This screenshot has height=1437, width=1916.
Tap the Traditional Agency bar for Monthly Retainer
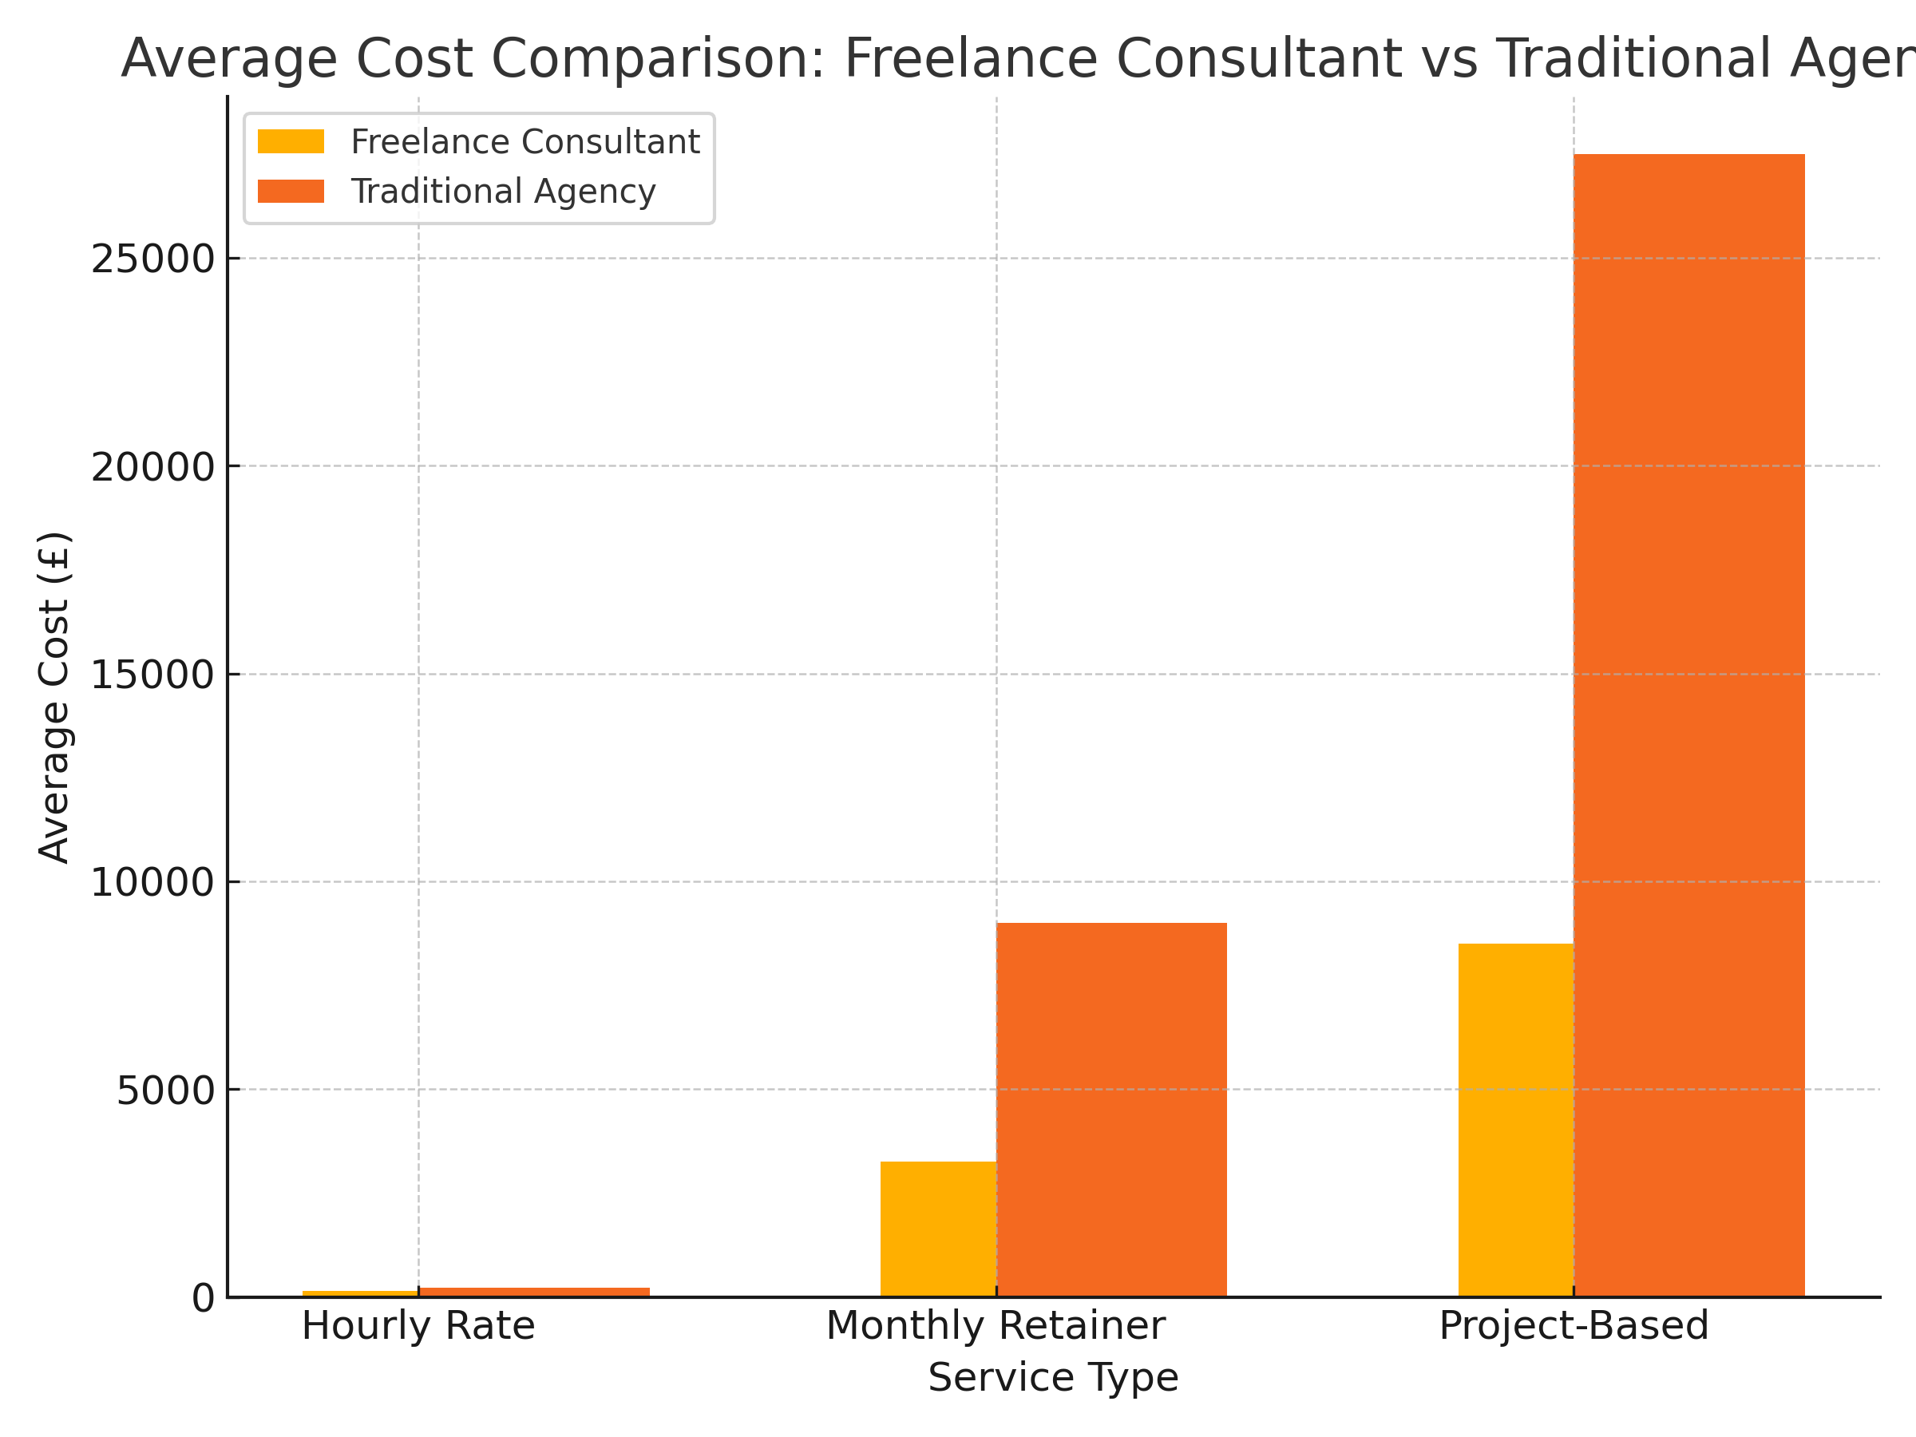pyautogui.click(x=1111, y=1110)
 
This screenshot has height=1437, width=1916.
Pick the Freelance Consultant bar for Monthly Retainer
pyautogui.click(x=938, y=1229)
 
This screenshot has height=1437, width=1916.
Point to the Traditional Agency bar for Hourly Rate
pyautogui.click(x=533, y=1293)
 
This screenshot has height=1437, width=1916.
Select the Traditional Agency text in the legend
pyautogui.click(x=503, y=192)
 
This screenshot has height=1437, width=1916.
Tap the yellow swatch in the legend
pyautogui.click(x=291, y=142)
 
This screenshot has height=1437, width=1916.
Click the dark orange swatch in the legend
pyautogui.click(x=291, y=192)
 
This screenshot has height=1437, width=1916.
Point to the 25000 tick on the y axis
pyautogui.click(x=152, y=259)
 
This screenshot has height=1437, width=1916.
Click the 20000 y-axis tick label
pyautogui.click(x=152, y=468)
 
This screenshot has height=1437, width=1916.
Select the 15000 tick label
pyautogui.click(x=152, y=675)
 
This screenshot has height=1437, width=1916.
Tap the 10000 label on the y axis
pyautogui.click(x=152, y=883)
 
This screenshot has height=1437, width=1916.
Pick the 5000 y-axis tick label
pyautogui.click(x=164, y=1091)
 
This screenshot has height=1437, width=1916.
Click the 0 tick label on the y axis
pyautogui.click(x=203, y=1298)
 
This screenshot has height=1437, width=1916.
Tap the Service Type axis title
pyautogui.click(x=1052, y=1378)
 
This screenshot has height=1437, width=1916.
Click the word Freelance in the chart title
pyautogui.click(x=971, y=59)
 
